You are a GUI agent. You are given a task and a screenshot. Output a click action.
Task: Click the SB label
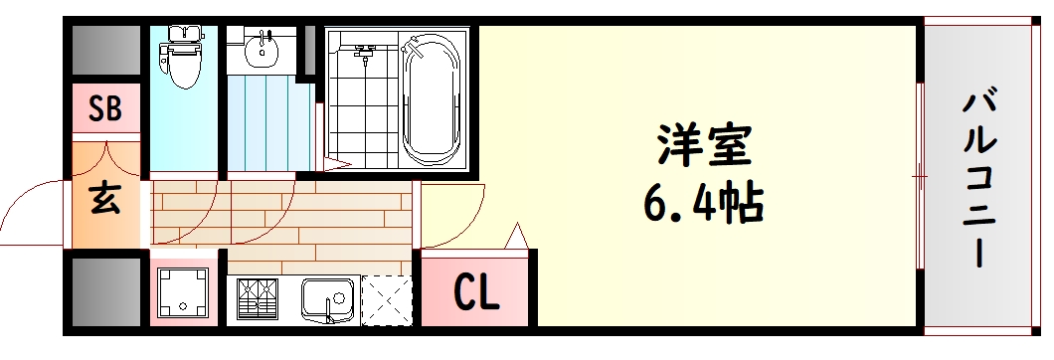(105, 109)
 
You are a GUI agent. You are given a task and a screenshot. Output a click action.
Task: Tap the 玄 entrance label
(104, 200)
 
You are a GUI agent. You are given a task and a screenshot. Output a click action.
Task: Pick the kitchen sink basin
(328, 297)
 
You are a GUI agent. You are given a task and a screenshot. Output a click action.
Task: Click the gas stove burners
(258, 298)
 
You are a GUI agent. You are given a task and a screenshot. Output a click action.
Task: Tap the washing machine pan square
(184, 293)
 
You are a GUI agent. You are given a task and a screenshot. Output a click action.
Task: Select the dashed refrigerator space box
(385, 298)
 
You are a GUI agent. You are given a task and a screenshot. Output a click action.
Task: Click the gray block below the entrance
(105, 291)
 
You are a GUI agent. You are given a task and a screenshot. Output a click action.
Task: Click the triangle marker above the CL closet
(516, 237)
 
